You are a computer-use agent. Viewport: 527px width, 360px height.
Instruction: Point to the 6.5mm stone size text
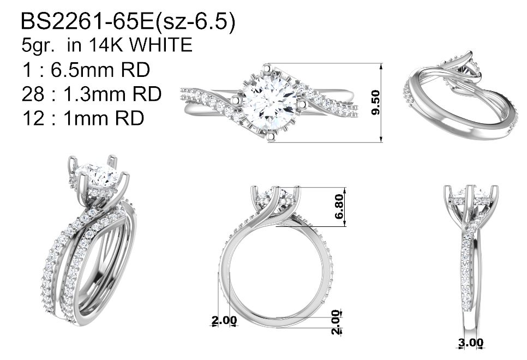click(x=100, y=70)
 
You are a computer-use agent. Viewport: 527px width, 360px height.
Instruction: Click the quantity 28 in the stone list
click(x=33, y=94)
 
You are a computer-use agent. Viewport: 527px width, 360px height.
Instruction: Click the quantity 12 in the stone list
click(x=33, y=118)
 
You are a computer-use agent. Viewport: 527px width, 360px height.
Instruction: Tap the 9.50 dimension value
click(x=376, y=103)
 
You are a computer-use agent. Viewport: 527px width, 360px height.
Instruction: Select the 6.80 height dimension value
click(x=339, y=206)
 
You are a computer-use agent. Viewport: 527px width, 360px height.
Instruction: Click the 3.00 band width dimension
click(x=471, y=343)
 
